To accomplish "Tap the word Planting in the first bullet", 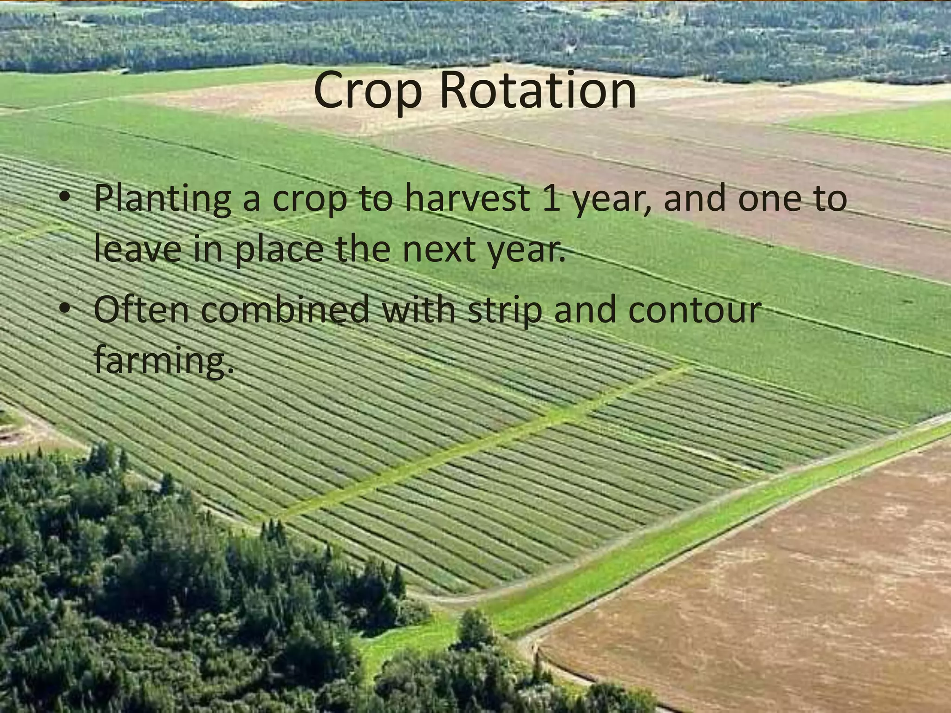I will pyautogui.click(x=162, y=200).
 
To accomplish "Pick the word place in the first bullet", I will pyautogui.click(x=279, y=251).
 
